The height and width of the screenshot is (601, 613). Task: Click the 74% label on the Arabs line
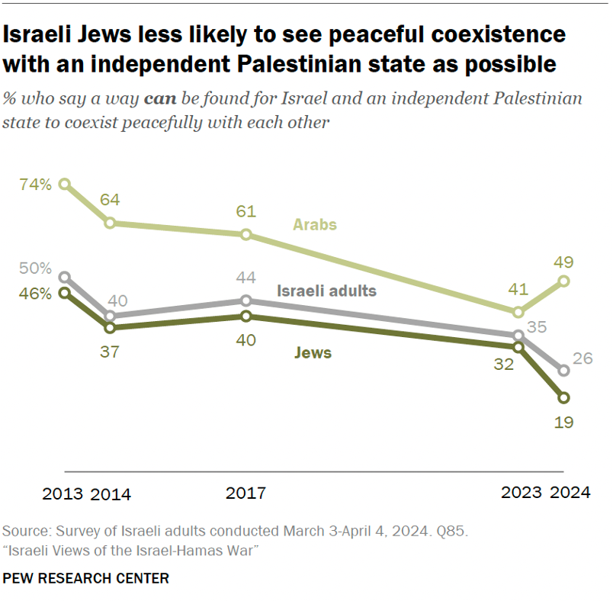coord(36,184)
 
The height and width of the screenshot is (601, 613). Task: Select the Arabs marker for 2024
coord(564,281)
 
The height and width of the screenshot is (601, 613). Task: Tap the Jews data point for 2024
coord(564,397)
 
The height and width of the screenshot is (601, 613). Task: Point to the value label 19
coord(564,422)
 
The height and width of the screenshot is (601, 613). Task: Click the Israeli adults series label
coord(326,291)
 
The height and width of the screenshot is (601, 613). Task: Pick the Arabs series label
coord(315,225)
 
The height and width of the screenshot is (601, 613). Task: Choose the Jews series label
coord(313,353)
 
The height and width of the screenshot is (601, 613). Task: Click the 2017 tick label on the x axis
coord(246,493)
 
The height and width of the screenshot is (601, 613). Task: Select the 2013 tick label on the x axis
coord(63,493)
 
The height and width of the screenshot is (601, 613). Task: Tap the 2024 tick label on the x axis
coord(570,493)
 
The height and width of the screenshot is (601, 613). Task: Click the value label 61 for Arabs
coord(246,211)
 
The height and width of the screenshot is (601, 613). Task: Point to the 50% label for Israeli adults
coord(36,268)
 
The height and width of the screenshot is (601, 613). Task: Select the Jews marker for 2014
coord(110,328)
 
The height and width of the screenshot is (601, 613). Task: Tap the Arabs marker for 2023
coord(518,312)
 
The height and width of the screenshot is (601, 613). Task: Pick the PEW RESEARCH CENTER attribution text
coord(85,579)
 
